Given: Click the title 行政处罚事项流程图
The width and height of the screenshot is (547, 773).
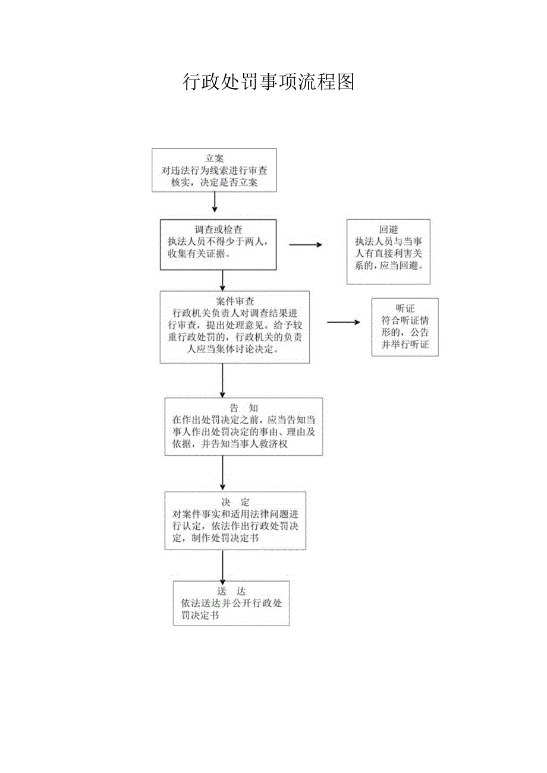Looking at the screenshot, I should (x=268, y=82).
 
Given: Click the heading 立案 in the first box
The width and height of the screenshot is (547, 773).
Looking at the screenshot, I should (x=214, y=159).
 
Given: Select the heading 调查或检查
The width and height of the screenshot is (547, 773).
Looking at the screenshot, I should (x=218, y=229).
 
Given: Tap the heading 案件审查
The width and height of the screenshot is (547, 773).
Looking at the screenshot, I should (x=235, y=301).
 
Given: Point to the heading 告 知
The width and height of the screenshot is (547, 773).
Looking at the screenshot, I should (x=244, y=408).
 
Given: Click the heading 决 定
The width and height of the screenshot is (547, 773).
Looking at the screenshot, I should (x=235, y=502).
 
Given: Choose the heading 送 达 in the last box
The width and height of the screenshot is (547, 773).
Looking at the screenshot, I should (x=231, y=591).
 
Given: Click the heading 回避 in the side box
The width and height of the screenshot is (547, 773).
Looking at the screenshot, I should (x=388, y=230).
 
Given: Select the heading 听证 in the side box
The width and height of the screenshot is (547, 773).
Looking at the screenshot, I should (x=405, y=309).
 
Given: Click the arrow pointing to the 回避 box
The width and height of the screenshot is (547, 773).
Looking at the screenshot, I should (x=304, y=244).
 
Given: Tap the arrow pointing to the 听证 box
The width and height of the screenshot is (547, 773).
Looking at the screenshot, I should (x=343, y=322).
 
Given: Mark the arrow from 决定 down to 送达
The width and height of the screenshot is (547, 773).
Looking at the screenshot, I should (x=222, y=567).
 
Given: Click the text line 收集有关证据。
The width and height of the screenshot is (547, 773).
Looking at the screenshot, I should (x=200, y=254).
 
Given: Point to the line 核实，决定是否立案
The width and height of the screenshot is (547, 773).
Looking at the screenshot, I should (x=215, y=183).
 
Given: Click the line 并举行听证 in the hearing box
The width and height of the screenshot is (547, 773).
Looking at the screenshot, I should (x=405, y=345).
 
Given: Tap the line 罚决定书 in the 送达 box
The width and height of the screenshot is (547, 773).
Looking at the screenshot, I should (x=200, y=616).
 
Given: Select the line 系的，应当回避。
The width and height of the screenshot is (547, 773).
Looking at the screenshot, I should (x=388, y=266).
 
